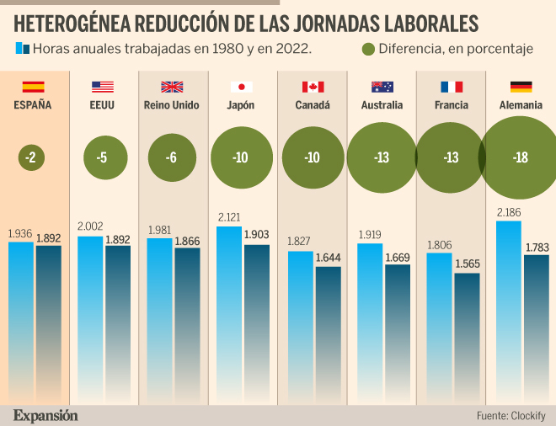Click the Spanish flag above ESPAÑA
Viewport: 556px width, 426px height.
(33, 87)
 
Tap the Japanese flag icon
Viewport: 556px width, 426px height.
(242, 87)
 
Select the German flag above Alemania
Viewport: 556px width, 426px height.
(521, 87)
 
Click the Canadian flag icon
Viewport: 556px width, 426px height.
(313, 87)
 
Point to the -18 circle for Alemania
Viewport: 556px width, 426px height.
(521, 157)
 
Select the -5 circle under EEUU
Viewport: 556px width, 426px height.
(102, 157)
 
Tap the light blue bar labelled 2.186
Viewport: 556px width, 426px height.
(509, 312)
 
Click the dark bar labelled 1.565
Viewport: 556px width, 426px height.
(467, 337)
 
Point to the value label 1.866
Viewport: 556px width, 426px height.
(187, 241)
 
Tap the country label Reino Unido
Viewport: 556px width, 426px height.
(172, 106)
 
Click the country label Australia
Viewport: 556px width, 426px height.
(381, 106)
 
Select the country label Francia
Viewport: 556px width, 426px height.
(451, 106)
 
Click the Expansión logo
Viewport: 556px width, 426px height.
(45, 415)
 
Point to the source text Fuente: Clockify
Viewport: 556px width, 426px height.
(511, 415)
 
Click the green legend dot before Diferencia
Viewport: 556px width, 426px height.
(367, 49)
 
